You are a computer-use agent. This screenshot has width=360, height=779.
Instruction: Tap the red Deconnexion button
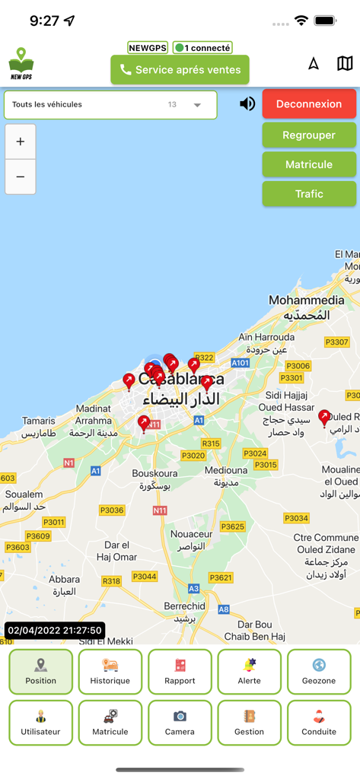(x=309, y=103)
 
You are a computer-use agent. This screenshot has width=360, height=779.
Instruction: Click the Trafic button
(x=309, y=194)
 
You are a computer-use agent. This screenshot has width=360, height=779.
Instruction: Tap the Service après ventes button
(x=180, y=70)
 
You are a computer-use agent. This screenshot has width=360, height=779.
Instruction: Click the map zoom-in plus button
(x=21, y=141)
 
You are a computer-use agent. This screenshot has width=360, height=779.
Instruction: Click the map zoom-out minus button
(x=21, y=176)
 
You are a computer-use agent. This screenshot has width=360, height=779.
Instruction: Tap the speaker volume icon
(x=247, y=103)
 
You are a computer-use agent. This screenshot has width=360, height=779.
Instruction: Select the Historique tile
(x=110, y=672)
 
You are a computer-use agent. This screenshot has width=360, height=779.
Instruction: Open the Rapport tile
(x=180, y=672)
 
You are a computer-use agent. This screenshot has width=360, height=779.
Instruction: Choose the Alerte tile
(x=249, y=672)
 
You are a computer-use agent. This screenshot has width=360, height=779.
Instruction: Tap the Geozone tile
(x=319, y=672)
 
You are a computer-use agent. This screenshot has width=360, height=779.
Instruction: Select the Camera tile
(x=180, y=723)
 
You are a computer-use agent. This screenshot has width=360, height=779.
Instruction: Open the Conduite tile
(x=319, y=723)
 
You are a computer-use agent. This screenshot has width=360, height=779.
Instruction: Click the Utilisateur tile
(x=41, y=723)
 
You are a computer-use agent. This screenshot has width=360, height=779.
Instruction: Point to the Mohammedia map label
(x=306, y=300)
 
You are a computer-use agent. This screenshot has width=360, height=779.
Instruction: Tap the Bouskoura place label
(x=155, y=473)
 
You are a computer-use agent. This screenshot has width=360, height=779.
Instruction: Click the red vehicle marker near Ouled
(x=325, y=417)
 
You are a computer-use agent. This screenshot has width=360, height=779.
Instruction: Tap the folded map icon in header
(x=345, y=63)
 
